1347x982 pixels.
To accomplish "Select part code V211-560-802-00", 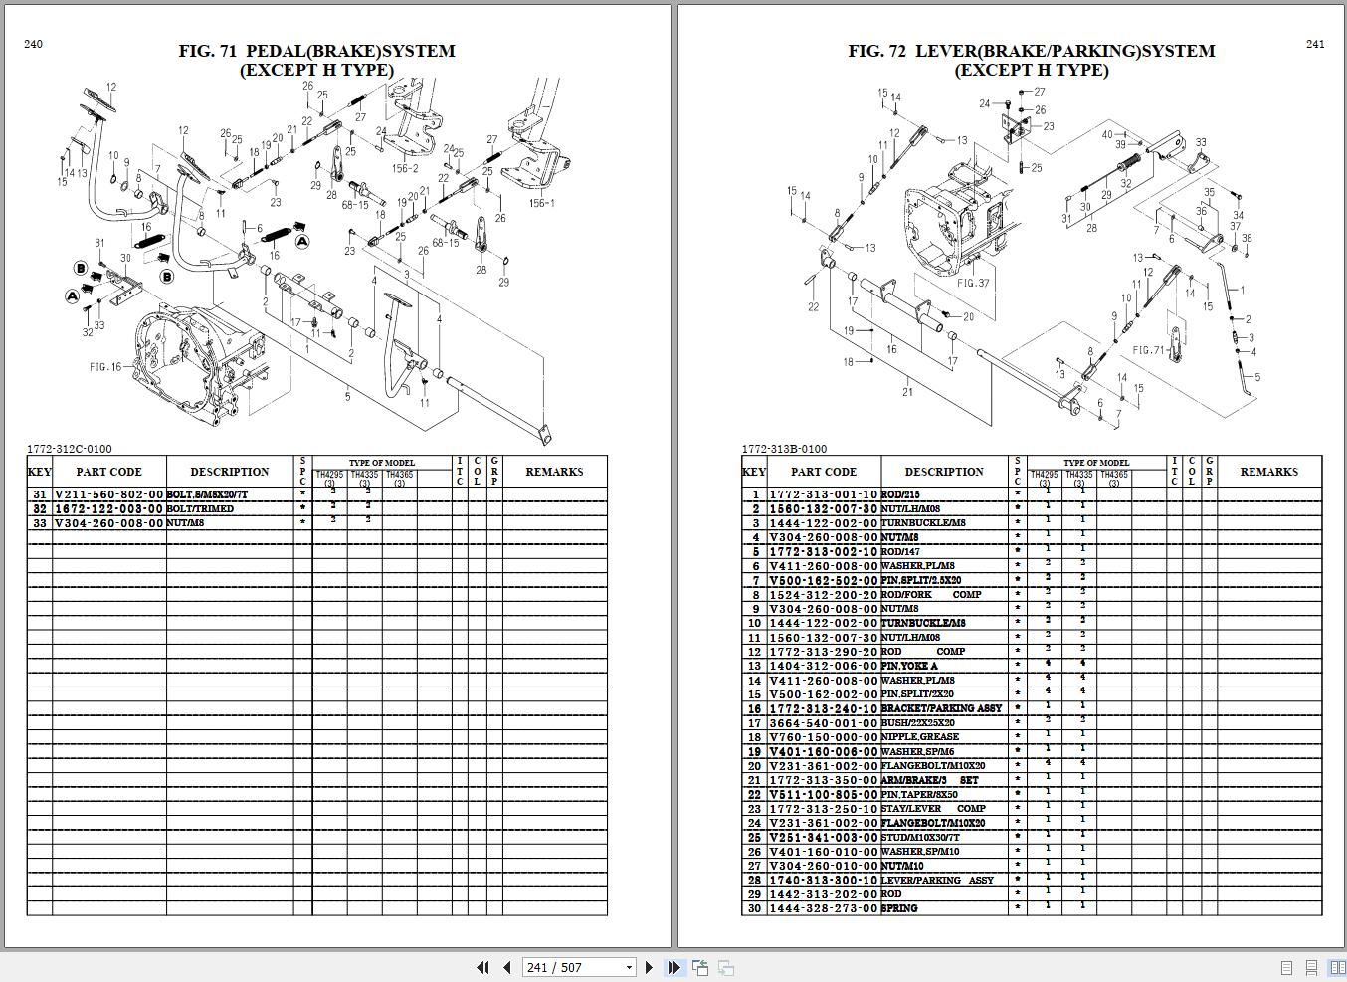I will (x=108, y=494).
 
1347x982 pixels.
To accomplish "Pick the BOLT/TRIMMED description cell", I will (x=201, y=508).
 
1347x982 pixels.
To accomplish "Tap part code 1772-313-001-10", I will (x=823, y=494).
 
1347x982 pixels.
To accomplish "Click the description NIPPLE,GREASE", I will (x=919, y=737).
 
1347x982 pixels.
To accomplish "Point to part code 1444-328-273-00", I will (x=823, y=908).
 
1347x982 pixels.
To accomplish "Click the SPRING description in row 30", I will (x=899, y=908).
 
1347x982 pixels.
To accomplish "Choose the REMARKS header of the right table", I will (x=1268, y=472).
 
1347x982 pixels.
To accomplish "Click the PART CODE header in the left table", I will (x=108, y=472).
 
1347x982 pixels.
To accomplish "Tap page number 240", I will (x=33, y=44).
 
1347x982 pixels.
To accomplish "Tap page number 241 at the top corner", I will (x=1314, y=44).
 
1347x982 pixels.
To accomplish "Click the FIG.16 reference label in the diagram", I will (x=104, y=367).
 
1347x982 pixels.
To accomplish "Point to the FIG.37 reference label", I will (x=973, y=283).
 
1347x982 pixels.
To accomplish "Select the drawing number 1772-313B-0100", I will (x=783, y=449).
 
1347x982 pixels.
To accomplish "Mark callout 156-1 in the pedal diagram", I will (x=542, y=203).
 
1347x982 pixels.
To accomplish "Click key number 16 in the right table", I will (x=755, y=709).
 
